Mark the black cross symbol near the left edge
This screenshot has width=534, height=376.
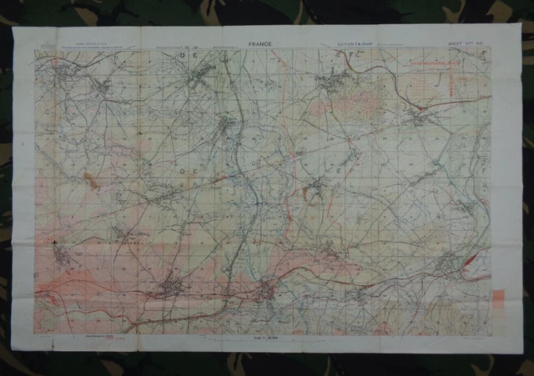click(55, 243)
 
